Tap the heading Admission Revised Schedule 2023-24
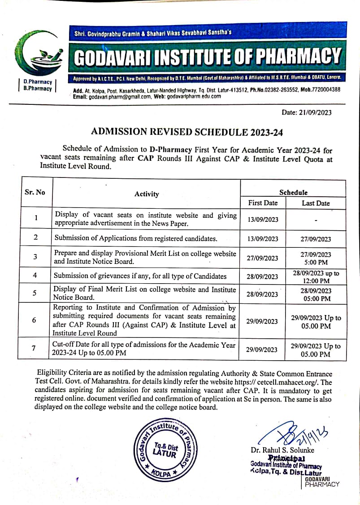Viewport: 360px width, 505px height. (187, 132)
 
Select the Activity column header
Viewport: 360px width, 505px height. (147, 194)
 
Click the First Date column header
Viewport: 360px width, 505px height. (263, 203)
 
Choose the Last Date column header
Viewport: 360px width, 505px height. (316, 203)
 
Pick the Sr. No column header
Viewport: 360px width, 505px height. (35, 192)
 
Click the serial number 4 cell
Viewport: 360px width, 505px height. (35, 276)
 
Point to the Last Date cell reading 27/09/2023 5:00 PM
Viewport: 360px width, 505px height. (316, 258)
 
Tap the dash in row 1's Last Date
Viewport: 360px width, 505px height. (316, 220)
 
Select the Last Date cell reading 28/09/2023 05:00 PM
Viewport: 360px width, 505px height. (316, 294)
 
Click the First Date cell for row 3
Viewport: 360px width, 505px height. (263, 258)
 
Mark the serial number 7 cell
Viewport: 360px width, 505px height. (35, 349)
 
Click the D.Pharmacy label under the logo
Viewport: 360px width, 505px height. (38, 82)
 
